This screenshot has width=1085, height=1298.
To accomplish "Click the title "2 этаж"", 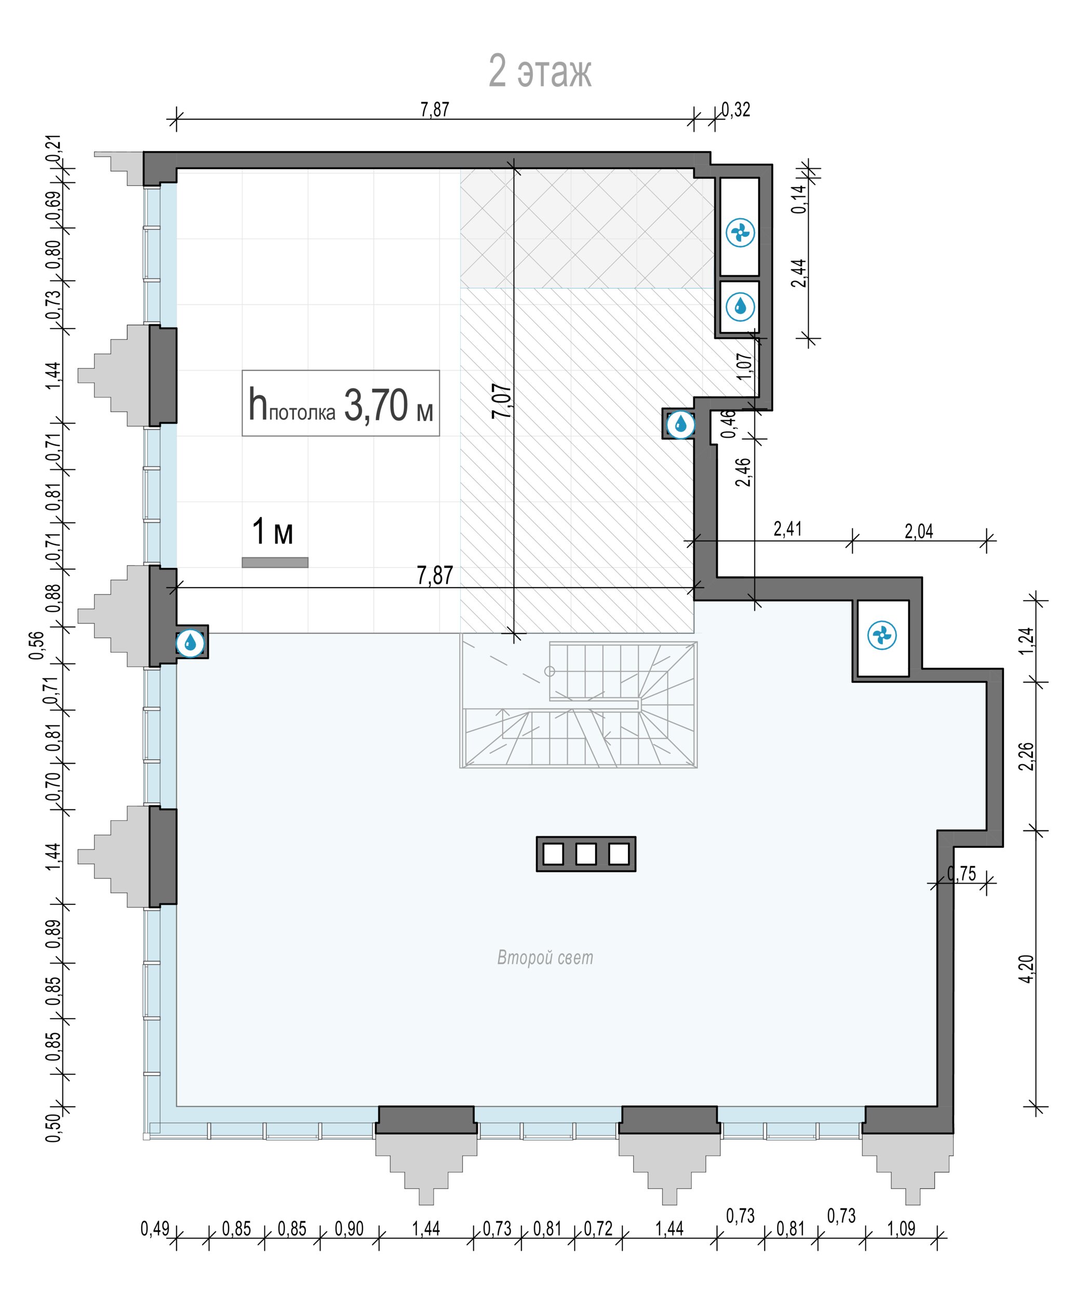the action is click(x=540, y=71).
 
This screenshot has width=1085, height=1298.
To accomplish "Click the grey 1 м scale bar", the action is click(x=274, y=562).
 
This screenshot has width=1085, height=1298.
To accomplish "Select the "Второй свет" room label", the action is click(x=545, y=957).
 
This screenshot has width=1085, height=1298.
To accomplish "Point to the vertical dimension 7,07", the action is click(x=502, y=401).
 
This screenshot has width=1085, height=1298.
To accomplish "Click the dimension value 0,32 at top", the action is click(x=735, y=110).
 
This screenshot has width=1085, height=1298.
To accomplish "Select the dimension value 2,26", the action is click(x=1026, y=756).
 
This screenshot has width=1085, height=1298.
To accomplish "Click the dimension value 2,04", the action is click(x=919, y=531).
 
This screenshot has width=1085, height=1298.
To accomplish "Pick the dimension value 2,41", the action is click(x=787, y=529).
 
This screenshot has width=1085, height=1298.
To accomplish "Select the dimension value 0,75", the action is click(x=962, y=873).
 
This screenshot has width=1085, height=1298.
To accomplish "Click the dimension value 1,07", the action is click(x=745, y=366).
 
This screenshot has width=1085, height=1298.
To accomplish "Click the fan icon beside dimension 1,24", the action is click(x=882, y=636).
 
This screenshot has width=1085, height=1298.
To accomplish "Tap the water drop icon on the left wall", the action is click(x=190, y=643).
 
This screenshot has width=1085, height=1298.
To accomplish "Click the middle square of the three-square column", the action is click(x=585, y=854).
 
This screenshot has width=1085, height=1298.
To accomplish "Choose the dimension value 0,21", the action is click(x=54, y=149).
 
